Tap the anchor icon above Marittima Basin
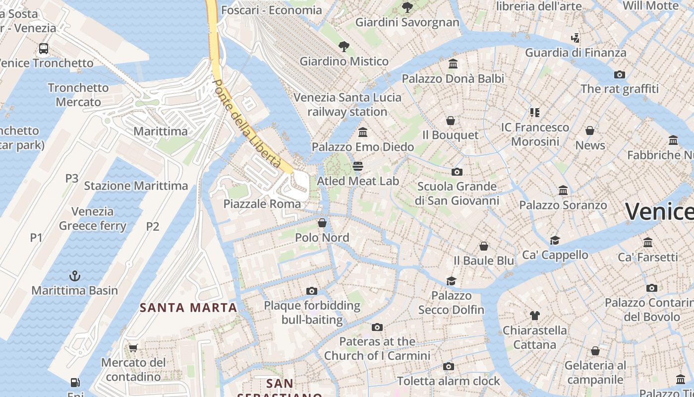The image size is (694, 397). [x=74, y=275]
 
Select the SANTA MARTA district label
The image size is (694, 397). [x=188, y=308]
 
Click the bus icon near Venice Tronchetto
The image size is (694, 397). [x=44, y=49]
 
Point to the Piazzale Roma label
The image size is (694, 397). [x=262, y=204]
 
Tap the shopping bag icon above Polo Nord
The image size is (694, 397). [x=322, y=223]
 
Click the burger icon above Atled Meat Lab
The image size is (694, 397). [x=357, y=166]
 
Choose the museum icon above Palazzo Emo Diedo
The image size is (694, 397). [x=363, y=132]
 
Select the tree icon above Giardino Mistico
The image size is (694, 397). [x=344, y=47]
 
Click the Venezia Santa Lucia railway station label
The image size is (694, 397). [x=347, y=104]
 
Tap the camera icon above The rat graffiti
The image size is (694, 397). [x=619, y=74]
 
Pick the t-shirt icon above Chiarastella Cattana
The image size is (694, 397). [x=534, y=315]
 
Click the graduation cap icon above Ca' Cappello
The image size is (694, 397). [x=555, y=240]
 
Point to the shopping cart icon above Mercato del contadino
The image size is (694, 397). [x=133, y=348]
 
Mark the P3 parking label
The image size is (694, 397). [x=72, y=178]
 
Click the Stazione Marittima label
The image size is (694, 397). [x=136, y=186]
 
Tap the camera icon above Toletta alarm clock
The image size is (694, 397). [x=449, y=367]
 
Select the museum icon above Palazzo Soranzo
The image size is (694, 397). [x=563, y=190]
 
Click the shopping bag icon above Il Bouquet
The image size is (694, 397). [x=451, y=121]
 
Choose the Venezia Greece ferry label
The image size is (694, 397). [x=93, y=218]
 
